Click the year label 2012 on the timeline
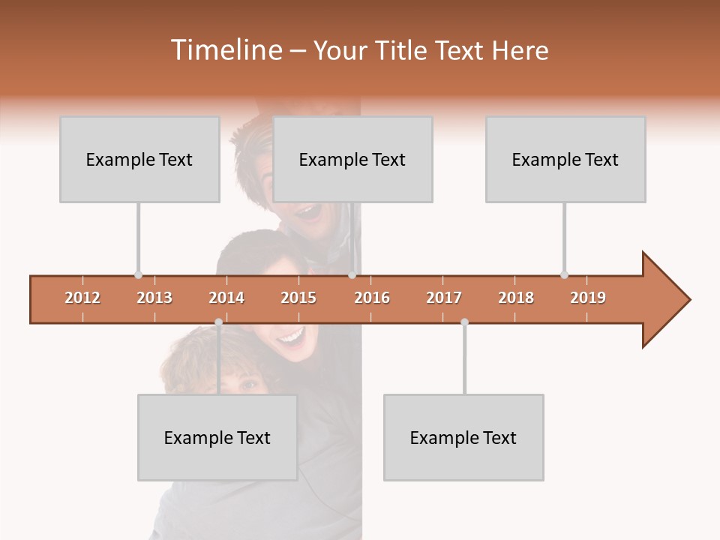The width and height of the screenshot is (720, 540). pyautogui.click(x=82, y=298)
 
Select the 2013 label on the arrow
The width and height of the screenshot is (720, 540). pyautogui.click(x=154, y=298)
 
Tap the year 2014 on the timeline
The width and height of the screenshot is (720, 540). pyautogui.click(x=226, y=298)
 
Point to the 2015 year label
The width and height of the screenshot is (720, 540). pyautogui.click(x=298, y=298)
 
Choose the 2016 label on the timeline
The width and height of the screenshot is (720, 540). pyautogui.click(x=372, y=298)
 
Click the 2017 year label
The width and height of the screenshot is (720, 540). pyautogui.click(x=444, y=298)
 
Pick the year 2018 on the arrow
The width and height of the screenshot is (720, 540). pyautogui.click(x=516, y=298)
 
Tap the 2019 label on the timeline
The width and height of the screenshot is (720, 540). pyautogui.click(x=588, y=298)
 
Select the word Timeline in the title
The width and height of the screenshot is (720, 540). pyautogui.click(x=224, y=50)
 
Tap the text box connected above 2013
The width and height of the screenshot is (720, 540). pyautogui.click(x=139, y=159)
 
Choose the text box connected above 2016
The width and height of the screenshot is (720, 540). pyautogui.click(x=352, y=159)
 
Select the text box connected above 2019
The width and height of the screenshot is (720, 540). pyautogui.click(x=565, y=159)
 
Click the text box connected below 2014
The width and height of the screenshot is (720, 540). pyautogui.click(x=217, y=437)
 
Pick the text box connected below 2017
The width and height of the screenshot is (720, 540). pyautogui.click(x=463, y=437)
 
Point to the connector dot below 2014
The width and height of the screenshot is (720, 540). pyautogui.click(x=218, y=322)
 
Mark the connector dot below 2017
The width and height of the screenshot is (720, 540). pyautogui.click(x=464, y=322)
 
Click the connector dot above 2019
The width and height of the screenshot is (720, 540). pyautogui.click(x=564, y=274)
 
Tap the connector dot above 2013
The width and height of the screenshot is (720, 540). pyautogui.click(x=138, y=274)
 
